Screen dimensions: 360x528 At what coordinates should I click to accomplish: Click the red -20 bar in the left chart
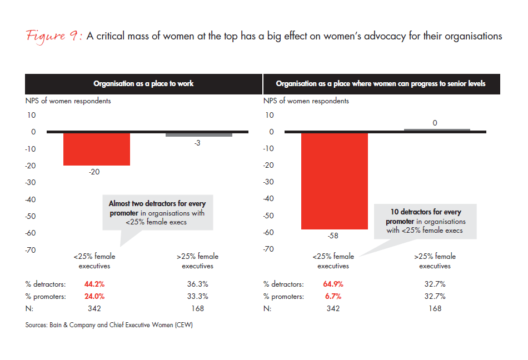click(97, 149)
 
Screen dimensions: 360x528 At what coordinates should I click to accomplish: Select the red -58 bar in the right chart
click(335, 181)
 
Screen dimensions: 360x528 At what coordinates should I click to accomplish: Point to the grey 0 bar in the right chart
click(436, 130)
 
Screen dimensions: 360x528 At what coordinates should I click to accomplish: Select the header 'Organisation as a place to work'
click(143, 83)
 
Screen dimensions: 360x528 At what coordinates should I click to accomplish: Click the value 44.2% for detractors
click(94, 283)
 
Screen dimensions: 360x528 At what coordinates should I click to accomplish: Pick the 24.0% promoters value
click(94, 296)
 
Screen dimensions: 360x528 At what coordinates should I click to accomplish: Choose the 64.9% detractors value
click(333, 283)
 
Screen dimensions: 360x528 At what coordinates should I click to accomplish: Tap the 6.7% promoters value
click(333, 296)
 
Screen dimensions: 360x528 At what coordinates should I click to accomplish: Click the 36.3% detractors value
click(198, 283)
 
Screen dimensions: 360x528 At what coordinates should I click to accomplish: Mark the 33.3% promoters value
click(198, 296)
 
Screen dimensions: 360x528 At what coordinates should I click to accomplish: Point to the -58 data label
click(333, 236)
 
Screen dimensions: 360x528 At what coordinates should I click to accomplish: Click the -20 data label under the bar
click(94, 172)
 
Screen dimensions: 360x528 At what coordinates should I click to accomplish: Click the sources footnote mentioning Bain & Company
click(108, 325)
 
